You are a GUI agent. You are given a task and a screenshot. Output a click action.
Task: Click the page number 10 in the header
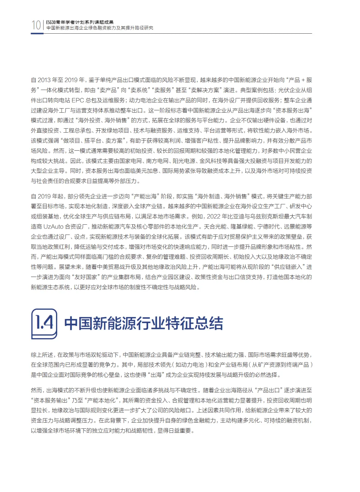[x=36, y=25]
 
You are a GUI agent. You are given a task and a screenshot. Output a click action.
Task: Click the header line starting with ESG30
[x=80, y=22]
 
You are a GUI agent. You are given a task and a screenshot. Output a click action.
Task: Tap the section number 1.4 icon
[x=44, y=324]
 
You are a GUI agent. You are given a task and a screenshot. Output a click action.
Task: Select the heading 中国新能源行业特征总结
[x=143, y=324]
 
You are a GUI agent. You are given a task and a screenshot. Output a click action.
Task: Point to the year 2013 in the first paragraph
[x=44, y=80]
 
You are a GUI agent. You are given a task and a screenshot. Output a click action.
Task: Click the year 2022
[x=214, y=217]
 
